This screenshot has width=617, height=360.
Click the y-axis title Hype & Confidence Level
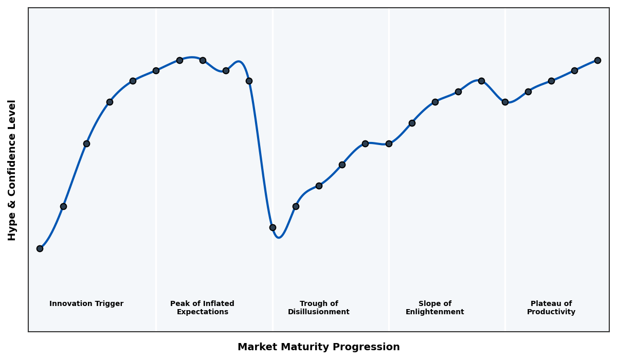pyautogui.click(x=12, y=170)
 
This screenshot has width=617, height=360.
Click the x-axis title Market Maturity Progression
pyautogui.click(x=318, y=347)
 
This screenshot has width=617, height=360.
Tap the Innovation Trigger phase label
pyautogui.click(x=86, y=304)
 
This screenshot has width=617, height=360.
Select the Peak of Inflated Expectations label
pyautogui.click(x=202, y=308)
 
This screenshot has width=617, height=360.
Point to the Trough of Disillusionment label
pyautogui.click(x=318, y=308)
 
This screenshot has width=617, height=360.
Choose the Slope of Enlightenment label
pyautogui.click(x=434, y=308)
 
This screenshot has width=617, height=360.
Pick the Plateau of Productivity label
pyautogui.click(x=551, y=308)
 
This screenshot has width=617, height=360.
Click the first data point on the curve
pyautogui.click(x=40, y=248)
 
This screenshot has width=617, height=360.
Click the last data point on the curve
pyautogui.click(x=597, y=60)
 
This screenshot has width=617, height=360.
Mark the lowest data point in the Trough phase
pyautogui.click(x=273, y=227)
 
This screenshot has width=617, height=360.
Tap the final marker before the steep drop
pyautogui.click(x=249, y=81)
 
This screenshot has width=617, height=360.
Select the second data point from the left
pyautogui.click(x=63, y=206)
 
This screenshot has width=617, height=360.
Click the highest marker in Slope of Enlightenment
pyautogui.click(x=481, y=81)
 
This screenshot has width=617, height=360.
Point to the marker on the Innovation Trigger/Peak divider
pyautogui.click(x=156, y=70)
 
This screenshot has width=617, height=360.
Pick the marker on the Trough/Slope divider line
pyautogui.click(x=389, y=143)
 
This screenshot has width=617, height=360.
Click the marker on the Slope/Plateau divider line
pyautogui.click(x=505, y=102)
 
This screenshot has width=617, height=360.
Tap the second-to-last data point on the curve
pyautogui.click(x=574, y=70)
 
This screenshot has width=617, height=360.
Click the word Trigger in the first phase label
pyautogui.click(x=108, y=304)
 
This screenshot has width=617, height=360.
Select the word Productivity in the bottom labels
pyautogui.click(x=551, y=312)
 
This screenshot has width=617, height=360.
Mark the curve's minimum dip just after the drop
pyautogui.click(x=279, y=237)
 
